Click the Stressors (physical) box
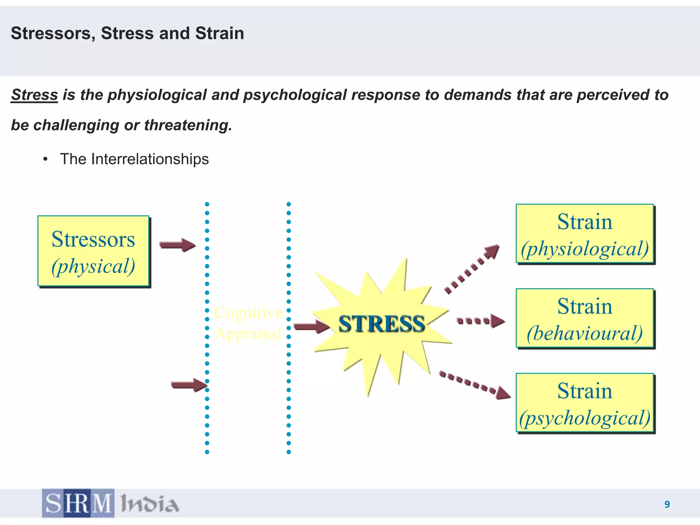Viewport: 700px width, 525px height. point(93,251)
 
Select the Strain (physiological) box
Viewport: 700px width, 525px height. point(585,234)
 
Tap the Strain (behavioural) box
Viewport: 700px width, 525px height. point(585,319)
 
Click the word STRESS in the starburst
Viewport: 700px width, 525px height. point(381,324)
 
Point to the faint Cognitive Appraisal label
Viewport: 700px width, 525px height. point(248,323)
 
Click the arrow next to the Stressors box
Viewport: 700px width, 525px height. point(177,245)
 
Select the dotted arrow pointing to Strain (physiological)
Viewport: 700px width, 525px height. point(472,269)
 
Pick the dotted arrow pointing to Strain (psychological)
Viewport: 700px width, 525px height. point(475,385)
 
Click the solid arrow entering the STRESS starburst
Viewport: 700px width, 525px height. point(311,326)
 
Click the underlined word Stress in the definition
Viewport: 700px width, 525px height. point(35,95)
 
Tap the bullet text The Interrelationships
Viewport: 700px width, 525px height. point(134,159)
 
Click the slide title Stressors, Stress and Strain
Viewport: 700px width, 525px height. point(127,33)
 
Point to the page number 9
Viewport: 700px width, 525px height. point(667,504)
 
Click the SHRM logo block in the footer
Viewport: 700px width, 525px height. point(78,503)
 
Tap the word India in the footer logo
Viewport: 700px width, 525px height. point(149,504)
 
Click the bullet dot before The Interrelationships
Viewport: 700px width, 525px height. point(45,159)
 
